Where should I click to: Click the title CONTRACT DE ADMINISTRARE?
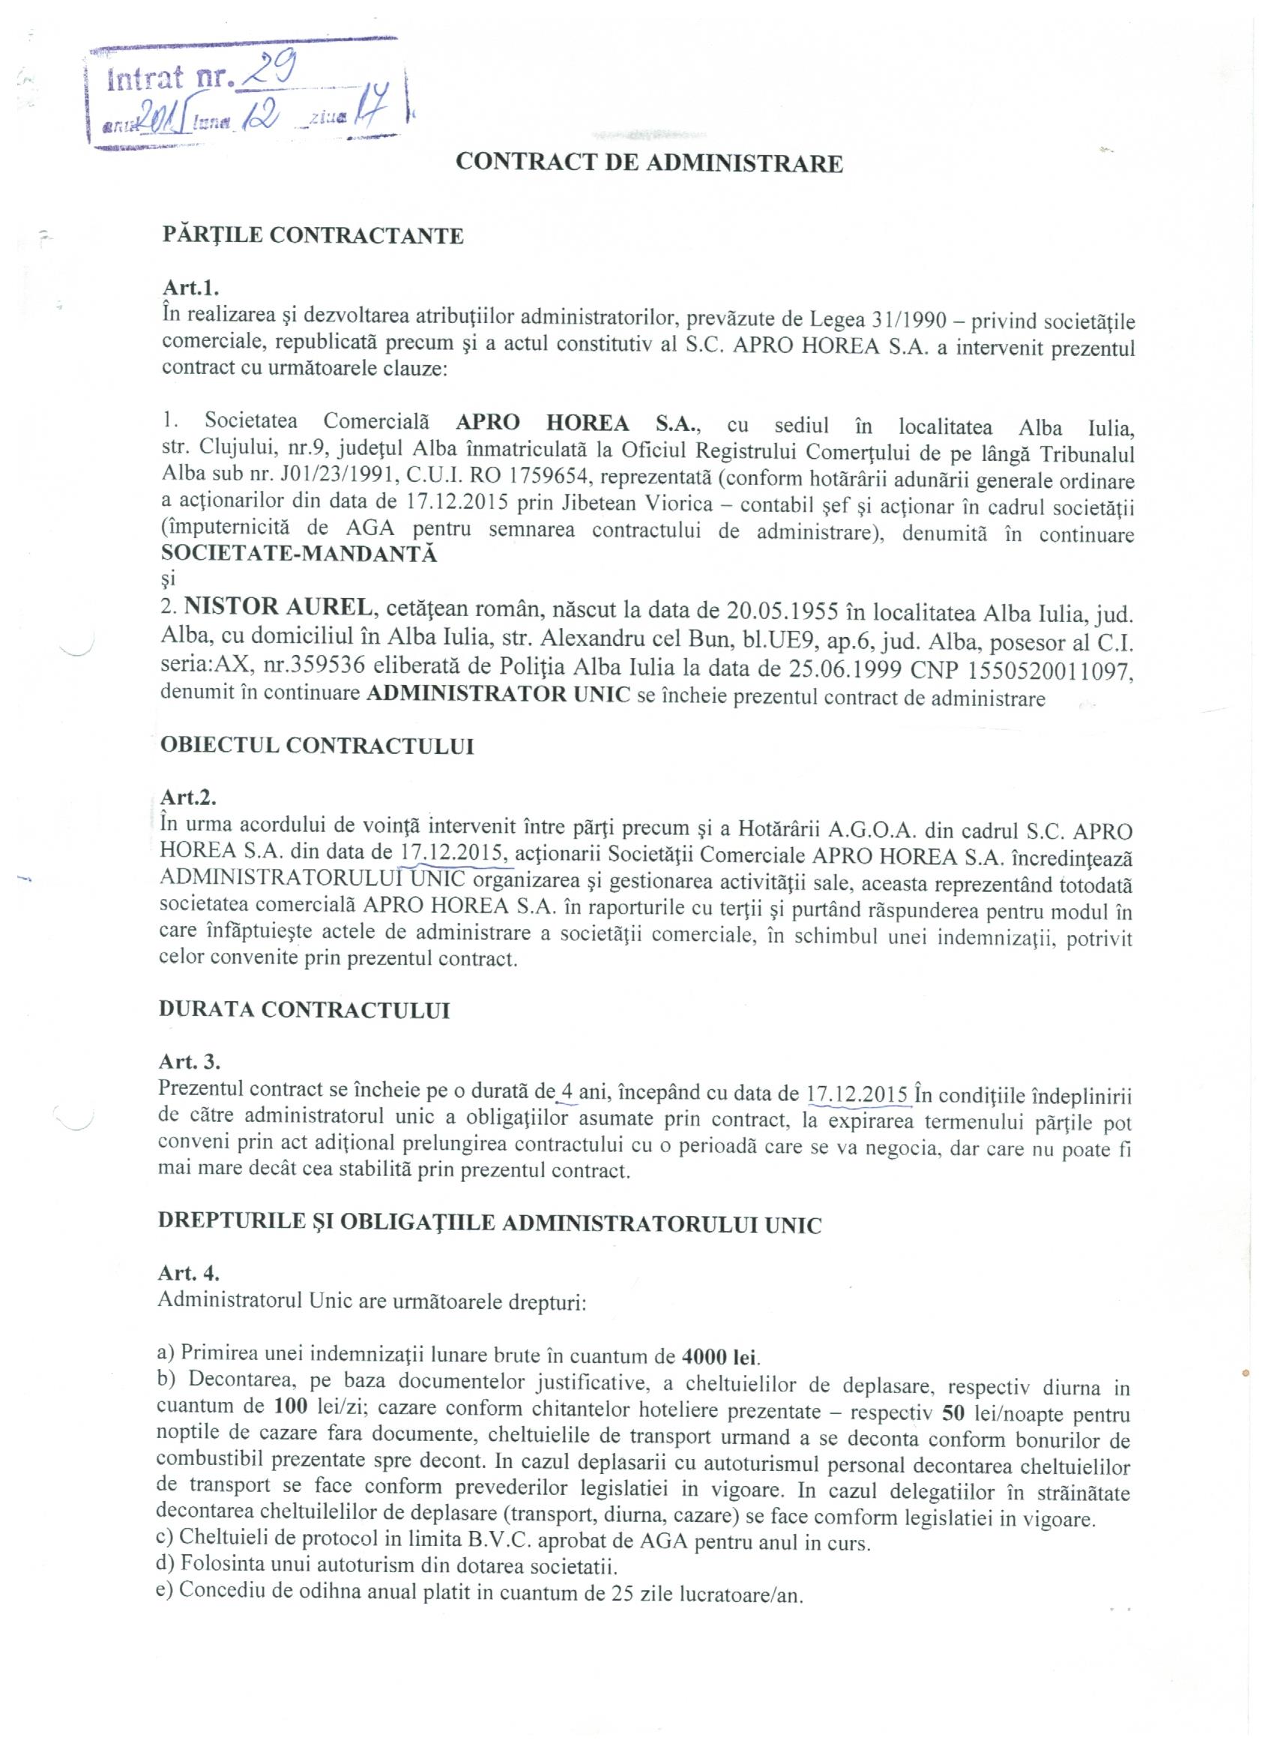649,163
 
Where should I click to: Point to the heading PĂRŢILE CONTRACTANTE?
313,235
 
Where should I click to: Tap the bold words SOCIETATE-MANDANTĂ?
299,554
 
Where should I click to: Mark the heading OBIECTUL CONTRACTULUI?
317,746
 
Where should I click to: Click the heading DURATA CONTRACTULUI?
304,1010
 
